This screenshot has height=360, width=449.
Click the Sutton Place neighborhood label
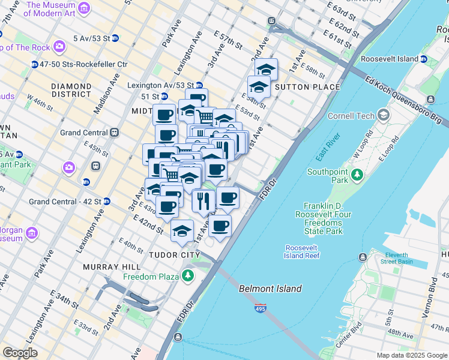pos(307,87)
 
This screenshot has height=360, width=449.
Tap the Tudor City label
pos(174,255)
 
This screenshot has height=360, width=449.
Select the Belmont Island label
pos(270,289)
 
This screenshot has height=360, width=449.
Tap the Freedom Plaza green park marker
pos(188,276)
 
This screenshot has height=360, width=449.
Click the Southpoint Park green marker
pos(358,175)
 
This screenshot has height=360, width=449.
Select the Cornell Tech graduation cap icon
pos(383,115)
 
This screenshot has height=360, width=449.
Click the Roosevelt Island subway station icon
pos(424,59)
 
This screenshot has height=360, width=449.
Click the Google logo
pos(20,353)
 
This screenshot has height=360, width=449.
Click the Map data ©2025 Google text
pos(411,355)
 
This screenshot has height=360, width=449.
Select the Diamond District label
pos(80,90)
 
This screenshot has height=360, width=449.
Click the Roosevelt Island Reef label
pos(302,251)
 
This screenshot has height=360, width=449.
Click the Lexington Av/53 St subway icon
pos(198,85)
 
